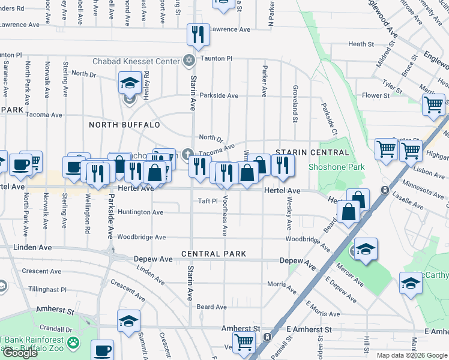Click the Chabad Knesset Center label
coord(136,61)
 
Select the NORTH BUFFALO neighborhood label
coord(124,125)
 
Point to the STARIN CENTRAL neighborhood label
coord(303,152)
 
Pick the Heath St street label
coord(361,44)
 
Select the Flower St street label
coord(376,95)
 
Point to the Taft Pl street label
coord(208,201)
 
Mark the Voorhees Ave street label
coord(225,215)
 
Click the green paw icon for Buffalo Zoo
coord(73,343)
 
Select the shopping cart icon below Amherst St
coord(244,343)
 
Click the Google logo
coord(20,353)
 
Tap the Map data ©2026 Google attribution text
coord(412,355)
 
